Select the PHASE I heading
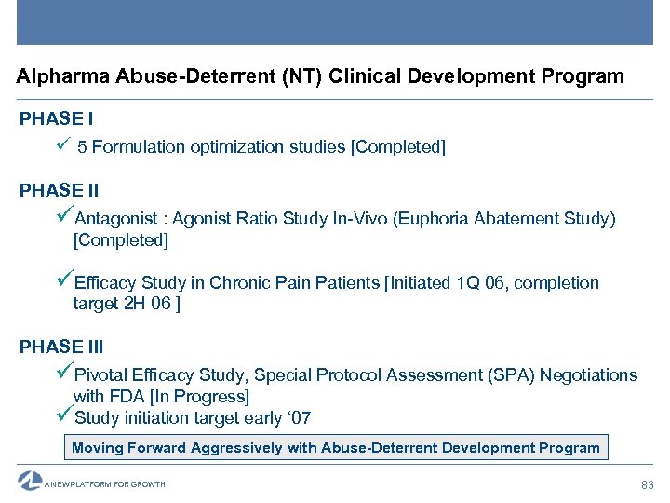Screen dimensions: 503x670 click(56, 119)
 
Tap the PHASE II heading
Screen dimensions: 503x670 click(59, 190)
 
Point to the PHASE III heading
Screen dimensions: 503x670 click(61, 347)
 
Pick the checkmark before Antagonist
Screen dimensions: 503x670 click(65, 217)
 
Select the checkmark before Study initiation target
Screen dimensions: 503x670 click(65, 416)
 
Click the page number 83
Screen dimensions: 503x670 click(648, 484)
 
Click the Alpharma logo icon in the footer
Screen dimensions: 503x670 click(30, 482)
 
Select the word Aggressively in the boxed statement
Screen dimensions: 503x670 click(236, 448)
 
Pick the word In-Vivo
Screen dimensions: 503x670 click(360, 219)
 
